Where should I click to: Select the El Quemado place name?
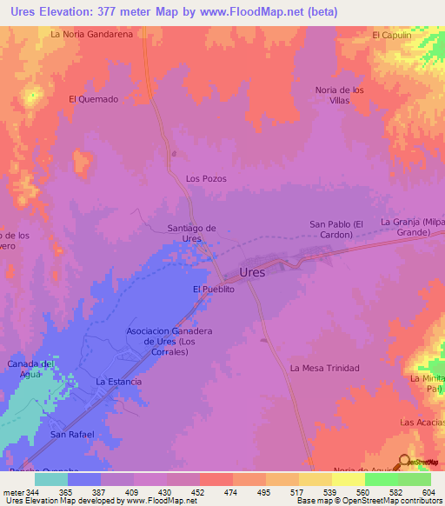(x=93, y=99)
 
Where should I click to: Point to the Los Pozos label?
(x=206, y=178)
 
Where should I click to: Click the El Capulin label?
(x=390, y=35)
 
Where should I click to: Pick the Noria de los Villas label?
(x=342, y=95)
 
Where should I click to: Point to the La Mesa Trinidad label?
(x=324, y=369)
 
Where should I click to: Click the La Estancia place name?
(x=118, y=382)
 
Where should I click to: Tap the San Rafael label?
(x=71, y=434)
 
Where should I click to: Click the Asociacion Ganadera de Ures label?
(x=169, y=342)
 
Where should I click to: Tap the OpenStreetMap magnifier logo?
(x=405, y=463)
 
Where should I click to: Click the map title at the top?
(x=169, y=11)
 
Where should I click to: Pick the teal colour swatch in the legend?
(x=51, y=479)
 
